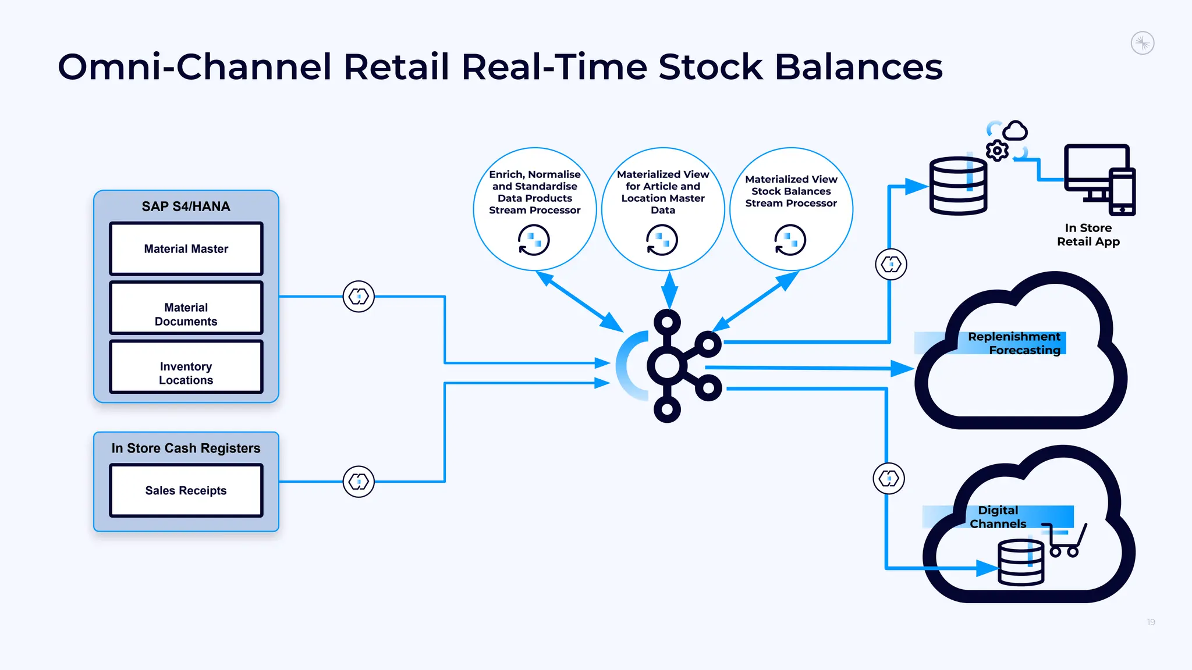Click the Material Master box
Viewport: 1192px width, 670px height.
click(x=186, y=249)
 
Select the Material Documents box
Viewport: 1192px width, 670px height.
click(x=186, y=308)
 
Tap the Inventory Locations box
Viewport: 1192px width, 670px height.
click(x=186, y=368)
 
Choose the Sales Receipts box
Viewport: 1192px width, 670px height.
click(x=186, y=490)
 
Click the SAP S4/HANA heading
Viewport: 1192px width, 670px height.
click(x=186, y=206)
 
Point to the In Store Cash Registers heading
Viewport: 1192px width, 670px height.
click(x=186, y=448)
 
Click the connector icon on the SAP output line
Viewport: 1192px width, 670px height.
click(x=359, y=297)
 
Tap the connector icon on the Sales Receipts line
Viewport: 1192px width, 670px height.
click(x=359, y=482)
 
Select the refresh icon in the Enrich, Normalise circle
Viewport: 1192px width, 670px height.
click(x=534, y=240)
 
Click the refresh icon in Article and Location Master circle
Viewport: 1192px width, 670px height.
click(x=662, y=240)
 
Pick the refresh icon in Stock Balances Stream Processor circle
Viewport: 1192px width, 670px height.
click(x=790, y=240)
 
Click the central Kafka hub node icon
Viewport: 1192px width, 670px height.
click(x=675, y=366)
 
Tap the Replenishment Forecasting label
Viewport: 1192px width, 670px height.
click(x=1014, y=343)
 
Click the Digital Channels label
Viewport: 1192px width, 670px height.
click(x=998, y=517)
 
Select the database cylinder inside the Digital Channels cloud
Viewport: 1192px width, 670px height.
click(x=1021, y=562)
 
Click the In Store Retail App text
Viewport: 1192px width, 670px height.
click(x=1088, y=234)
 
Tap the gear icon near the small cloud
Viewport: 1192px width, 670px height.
click(x=997, y=151)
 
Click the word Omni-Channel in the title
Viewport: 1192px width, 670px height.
click(x=195, y=66)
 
